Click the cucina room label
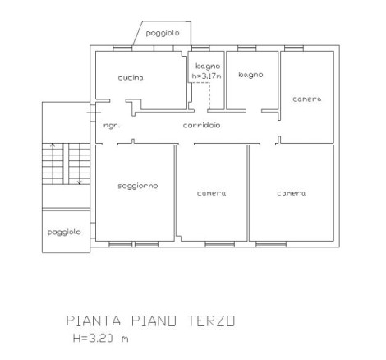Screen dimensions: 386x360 pyautogui.click(x=131, y=78)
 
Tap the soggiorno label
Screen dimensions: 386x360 pyautogui.click(x=138, y=186)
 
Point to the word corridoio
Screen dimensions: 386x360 pyautogui.click(x=201, y=125)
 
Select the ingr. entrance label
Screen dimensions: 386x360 pyautogui.click(x=111, y=126)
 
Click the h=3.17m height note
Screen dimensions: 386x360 pyautogui.click(x=206, y=76)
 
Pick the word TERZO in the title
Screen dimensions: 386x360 pyautogui.click(x=211, y=321)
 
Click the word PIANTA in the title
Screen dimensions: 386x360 pyautogui.click(x=94, y=321)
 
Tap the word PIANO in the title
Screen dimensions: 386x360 pyautogui.click(x=154, y=321)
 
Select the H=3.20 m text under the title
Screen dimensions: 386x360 pyautogui.click(x=100, y=338)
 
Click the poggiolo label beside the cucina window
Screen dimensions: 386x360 pyautogui.click(x=163, y=33)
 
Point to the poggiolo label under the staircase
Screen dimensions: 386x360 pyautogui.click(x=64, y=233)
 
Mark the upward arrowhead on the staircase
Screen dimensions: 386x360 pyautogui.click(x=53, y=145)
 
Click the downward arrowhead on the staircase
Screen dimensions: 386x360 pyautogui.click(x=80, y=182)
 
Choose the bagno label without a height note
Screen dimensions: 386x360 pyautogui.click(x=250, y=75)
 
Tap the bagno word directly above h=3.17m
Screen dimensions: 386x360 pyautogui.click(x=208, y=67)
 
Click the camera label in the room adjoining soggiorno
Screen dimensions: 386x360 pyautogui.click(x=211, y=193)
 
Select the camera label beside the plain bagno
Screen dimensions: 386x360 pyautogui.click(x=307, y=99)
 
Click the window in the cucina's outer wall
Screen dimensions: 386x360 pyautogui.click(x=122, y=48)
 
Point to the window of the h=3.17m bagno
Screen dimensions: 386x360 pyautogui.click(x=200, y=48)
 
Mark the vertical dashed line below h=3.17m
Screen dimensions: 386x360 pyautogui.click(x=209, y=96)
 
